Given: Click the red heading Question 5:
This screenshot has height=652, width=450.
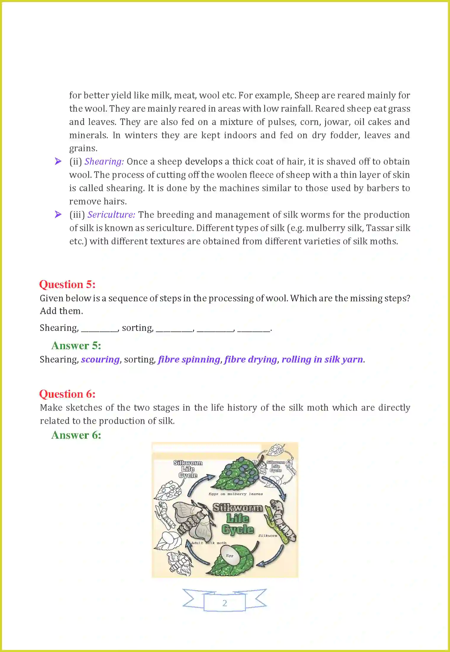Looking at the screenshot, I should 67,284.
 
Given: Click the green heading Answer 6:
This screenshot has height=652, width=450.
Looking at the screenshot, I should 76,435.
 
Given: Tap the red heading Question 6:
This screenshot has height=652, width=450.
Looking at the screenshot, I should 67,394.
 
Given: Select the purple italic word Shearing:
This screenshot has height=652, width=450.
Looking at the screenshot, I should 104,162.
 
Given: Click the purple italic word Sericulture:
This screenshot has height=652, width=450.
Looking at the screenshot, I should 111,215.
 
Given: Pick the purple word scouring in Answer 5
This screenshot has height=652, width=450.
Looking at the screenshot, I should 100,360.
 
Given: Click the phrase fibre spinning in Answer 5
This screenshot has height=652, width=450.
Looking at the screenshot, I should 189,360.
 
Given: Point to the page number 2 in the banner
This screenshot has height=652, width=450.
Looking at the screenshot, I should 225,603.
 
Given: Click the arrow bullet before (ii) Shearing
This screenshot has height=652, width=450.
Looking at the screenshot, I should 58,161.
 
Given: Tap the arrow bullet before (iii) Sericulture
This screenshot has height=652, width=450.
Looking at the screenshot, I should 58,214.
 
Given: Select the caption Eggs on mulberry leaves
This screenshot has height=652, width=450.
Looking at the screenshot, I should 236,494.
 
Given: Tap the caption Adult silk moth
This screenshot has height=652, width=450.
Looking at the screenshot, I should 209,543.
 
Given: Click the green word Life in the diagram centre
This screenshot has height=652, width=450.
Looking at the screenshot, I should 238,518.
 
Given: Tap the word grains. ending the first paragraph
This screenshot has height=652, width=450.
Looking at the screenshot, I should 83,148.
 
